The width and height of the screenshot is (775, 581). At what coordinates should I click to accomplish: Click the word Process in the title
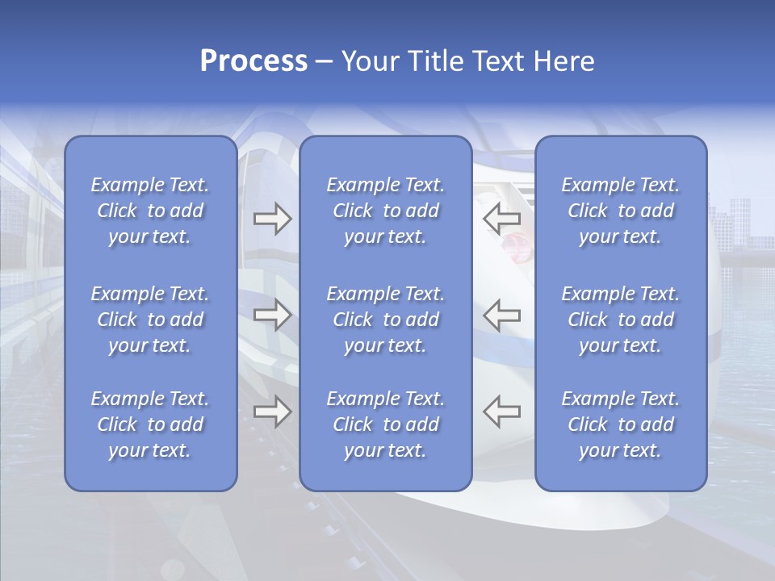(x=253, y=62)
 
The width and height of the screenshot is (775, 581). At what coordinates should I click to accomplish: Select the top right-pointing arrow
(x=272, y=219)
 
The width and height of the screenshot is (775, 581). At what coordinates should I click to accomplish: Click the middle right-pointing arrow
(x=272, y=314)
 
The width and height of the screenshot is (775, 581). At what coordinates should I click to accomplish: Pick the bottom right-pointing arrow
(x=272, y=412)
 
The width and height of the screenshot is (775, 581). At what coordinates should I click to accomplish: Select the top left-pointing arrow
(x=501, y=218)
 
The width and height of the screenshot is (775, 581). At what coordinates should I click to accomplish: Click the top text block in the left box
(x=150, y=211)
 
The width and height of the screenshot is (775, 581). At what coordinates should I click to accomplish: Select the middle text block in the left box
(x=150, y=320)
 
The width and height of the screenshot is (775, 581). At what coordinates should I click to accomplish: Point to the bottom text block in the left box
(x=150, y=424)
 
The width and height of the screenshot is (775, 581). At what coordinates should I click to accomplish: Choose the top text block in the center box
(x=386, y=211)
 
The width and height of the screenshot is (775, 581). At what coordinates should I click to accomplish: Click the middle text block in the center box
(x=386, y=320)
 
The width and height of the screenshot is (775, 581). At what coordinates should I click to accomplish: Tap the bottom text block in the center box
(x=386, y=424)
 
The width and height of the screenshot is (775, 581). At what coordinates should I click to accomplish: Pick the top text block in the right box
(x=621, y=211)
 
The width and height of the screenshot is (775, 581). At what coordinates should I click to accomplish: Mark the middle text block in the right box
(x=621, y=320)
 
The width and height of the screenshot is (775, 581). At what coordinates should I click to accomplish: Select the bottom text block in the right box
(x=621, y=424)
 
